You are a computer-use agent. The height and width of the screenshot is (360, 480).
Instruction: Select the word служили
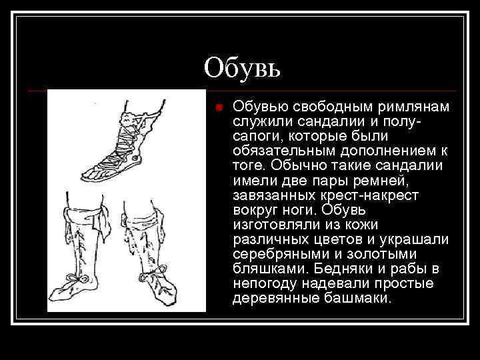point(259,122)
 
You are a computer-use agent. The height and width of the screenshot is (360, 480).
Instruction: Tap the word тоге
point(247,166)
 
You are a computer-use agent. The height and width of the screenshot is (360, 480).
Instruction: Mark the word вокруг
point(253,210)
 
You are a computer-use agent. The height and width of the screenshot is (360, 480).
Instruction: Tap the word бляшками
point(265,269)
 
